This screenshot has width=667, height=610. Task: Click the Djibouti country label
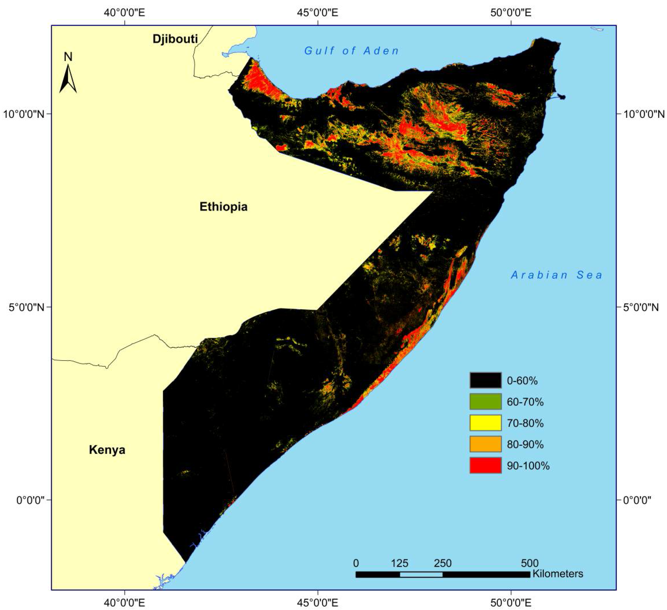pos(175,39)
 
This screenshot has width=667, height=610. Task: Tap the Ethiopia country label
pos(223,207)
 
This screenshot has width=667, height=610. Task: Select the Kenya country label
pos(107,450)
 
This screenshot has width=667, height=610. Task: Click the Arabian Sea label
pos(556,275)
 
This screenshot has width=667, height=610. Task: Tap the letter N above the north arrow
pos(68,57)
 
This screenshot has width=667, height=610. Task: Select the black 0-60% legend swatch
pos(485,380)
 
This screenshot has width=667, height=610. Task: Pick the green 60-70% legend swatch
pos(485,402)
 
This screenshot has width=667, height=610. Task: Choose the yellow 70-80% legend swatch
pos(485,423)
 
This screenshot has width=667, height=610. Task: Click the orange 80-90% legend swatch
pos(485,444)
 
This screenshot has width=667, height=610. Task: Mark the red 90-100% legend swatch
pos(485,465)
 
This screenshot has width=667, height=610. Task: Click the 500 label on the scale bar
pos(530,563)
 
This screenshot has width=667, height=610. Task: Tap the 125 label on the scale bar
pos(400,563)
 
